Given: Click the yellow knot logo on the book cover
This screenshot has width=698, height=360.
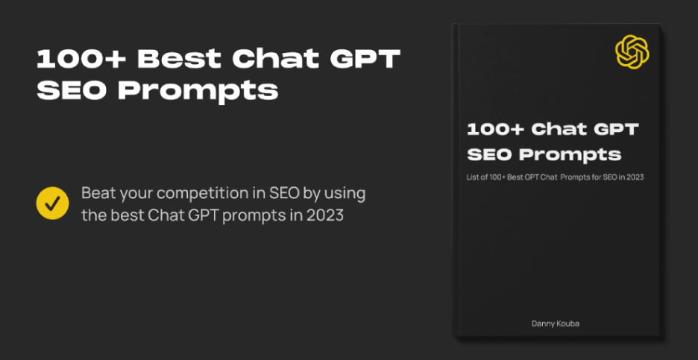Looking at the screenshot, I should pyautogui.click(x=632, y=52).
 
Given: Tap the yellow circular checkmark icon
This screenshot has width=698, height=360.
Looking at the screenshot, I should pyautogui.click(x=52, y=203).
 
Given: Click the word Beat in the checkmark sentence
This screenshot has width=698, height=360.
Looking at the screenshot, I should pyautogui.click(x=98, y=193).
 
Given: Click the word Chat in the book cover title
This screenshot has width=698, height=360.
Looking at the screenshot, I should pyautogui.click(x=559, y=130).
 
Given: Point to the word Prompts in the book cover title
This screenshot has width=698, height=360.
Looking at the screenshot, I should pyautogui.click(x=580, y=155).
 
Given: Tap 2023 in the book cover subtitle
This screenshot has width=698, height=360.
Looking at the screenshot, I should pyautogui.click(x=634, y=177).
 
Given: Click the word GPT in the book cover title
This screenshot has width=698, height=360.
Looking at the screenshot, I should pyautogui.click(x=617, y=130).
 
